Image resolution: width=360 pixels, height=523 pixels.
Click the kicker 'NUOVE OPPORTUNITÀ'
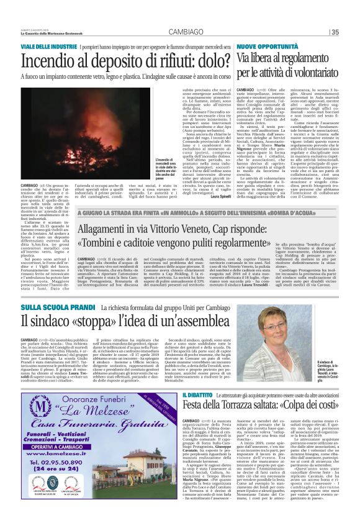pyautogui.click(x=263, y=47)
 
